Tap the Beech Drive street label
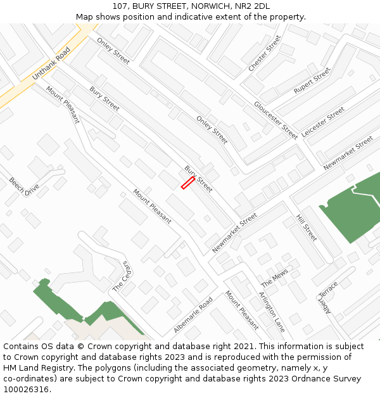pyautogui.click(x=24, y=187)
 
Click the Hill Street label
pyautogui.click(x=307, y=227)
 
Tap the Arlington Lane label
pyautogui.click(x=272, y=312)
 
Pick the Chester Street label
pyautogui.click(x=265, y=53)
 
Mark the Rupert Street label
pyautogui.click(x=312, y=82)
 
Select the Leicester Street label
pyautogui.click(x=323, y=122)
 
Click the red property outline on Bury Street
pyautogui.click(x=187, y=183)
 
